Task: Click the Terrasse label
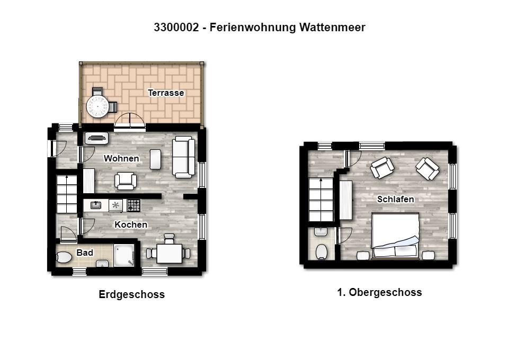[166, 93]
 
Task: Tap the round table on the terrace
[97, 106]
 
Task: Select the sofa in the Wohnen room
[184, 157]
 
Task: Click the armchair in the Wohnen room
[126, 181]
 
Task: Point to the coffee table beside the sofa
[156, 159]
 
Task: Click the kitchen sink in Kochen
[96, 205]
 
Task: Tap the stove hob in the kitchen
[134, 205]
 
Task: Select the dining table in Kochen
[169, 254]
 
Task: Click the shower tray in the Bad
[124, 255]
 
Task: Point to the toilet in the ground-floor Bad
[64, 257]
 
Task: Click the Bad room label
[85, 253]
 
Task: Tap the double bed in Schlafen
[395, 236]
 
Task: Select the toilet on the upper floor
[322, 252]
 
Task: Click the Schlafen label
[395, 199]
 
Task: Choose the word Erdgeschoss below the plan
[131, 294]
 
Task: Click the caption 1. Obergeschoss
[379, 292]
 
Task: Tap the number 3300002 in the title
[176, 27]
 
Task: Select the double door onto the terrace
[130, 121]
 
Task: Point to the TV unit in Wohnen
[96, 138]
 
